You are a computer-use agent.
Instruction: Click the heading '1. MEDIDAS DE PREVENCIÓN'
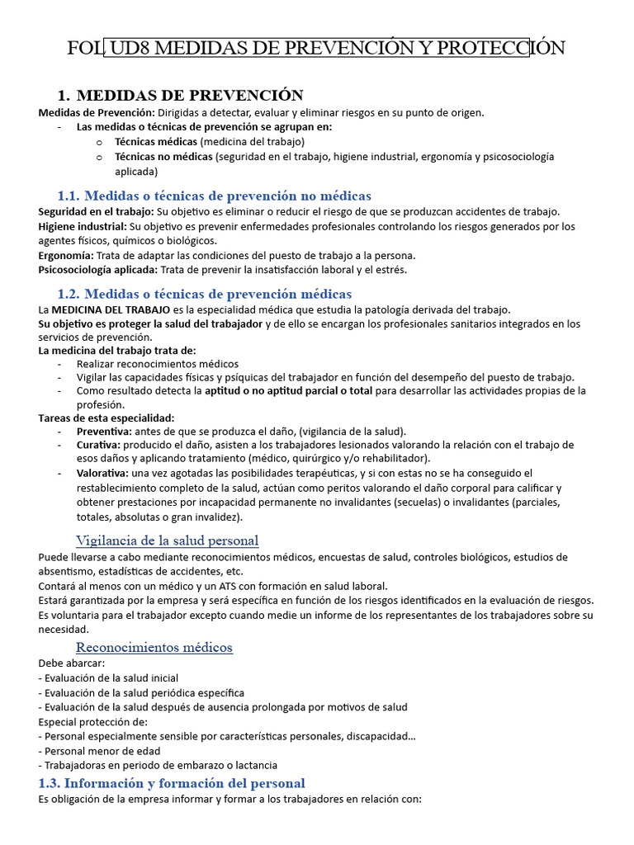[180, 95]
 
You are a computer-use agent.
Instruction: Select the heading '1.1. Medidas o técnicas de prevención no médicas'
[215, 196]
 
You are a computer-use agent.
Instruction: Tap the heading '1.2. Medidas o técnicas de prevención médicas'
[205, 294]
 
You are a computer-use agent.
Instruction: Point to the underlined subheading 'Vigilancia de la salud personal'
[167, 541]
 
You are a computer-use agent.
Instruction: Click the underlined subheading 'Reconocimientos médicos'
[154, 647]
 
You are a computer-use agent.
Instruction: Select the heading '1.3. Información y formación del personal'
[172, 783]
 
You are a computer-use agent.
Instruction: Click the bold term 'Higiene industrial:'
[83, 226]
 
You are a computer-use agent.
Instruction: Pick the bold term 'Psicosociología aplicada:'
[98, 269]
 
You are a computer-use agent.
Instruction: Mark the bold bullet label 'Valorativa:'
[102, 473]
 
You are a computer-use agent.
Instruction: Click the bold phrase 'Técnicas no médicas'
[163, 156]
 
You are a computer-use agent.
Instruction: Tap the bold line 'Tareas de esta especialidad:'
[106, 418]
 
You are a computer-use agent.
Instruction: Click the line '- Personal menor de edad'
[99, 751]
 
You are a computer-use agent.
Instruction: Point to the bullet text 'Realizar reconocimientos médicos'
[158, 363]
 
